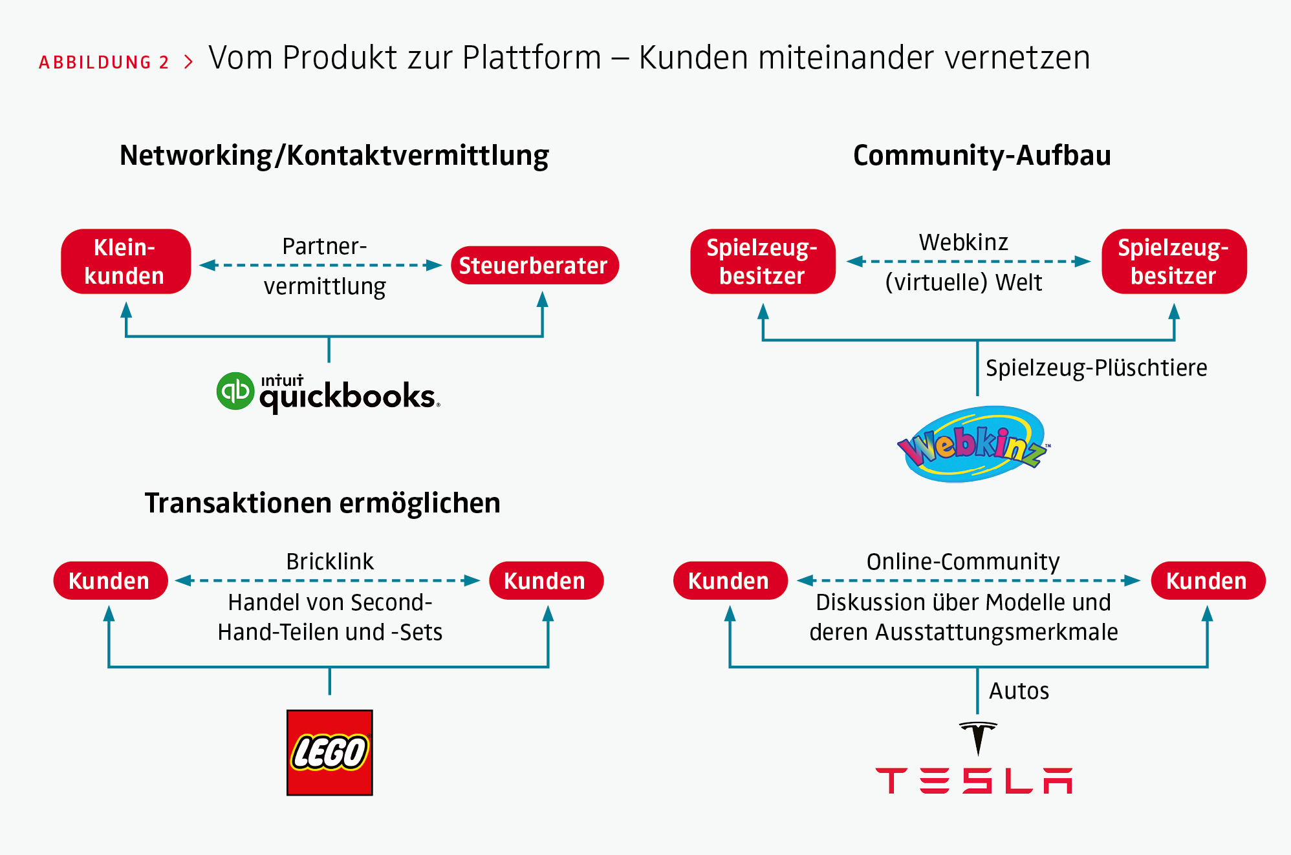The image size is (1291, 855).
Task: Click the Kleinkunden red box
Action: point(125,262)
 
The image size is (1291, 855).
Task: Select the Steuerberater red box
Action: point(534,266)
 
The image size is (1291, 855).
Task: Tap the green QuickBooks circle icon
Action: point(235,391)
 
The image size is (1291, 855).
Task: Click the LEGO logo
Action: point(330,753)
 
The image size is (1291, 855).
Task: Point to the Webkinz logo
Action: point(973,445)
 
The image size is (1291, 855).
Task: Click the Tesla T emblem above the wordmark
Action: point(978,737)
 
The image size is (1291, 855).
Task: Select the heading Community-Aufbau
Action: point(982,156)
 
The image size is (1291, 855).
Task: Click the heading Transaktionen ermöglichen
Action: point(322,503)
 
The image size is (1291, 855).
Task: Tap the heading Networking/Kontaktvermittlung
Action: point(334,156)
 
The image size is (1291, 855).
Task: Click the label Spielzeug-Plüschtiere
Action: point(1096,368)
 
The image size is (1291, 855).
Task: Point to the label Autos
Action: point(1019,691)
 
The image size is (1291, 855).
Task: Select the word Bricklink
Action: point(330,562)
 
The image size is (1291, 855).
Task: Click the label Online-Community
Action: point(963,562)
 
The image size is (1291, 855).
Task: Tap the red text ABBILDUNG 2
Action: point(104,62)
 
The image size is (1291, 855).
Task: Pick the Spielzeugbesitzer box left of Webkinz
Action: point(763,262)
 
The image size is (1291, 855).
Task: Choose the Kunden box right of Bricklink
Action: point(546,581)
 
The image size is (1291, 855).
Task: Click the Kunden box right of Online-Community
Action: point(1208,581)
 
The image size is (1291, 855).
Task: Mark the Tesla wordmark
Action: point(973,781)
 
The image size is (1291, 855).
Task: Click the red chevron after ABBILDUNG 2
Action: point(188,62)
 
